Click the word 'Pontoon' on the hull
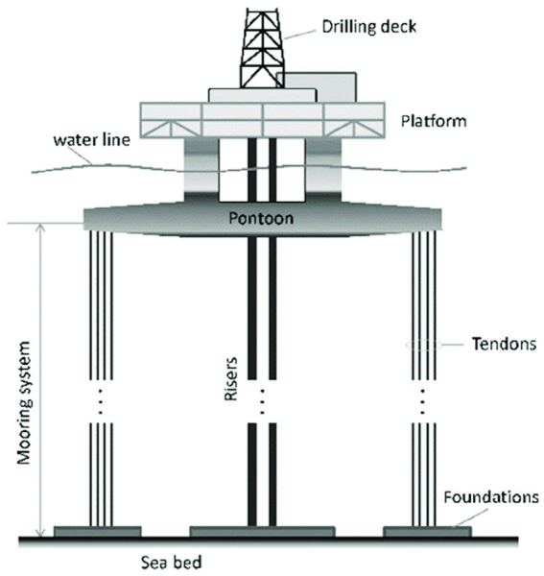tap(261, 218)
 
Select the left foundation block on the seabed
tap(98, 531)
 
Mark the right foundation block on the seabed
tap(426, 531)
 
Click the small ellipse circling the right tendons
tap(423, 344)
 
